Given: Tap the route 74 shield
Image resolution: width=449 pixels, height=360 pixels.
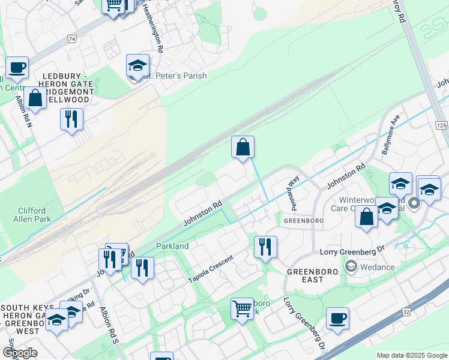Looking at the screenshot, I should tap(72, 39).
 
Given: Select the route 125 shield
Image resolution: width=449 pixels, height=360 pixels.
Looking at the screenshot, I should tap(441, 125).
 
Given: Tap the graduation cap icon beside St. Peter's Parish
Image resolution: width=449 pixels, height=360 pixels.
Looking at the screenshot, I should tap(137, 66).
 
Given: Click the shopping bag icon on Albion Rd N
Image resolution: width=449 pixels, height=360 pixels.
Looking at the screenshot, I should tap(35, 98).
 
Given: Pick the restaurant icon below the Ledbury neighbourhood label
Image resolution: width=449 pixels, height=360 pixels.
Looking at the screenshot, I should tap(71, 119).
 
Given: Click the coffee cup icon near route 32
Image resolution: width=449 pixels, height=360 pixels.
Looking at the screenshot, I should tap(337, 319).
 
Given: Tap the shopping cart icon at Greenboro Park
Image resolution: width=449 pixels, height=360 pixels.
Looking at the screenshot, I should tap(242, 310).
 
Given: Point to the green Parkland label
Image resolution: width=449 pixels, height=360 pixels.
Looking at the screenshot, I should tap(172, 246).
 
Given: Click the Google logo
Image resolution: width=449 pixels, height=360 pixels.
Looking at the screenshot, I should tap(20, 353).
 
